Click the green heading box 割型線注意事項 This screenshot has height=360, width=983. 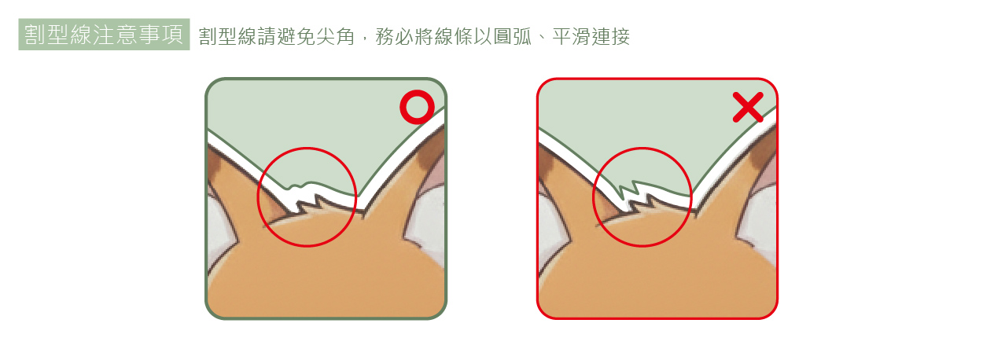tap(104, 35)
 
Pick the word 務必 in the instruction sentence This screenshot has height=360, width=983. tap(391, 36)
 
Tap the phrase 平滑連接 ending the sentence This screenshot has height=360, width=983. tap(591, 36)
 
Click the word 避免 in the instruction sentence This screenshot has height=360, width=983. tap(296, 36)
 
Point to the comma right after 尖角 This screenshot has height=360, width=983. tap(363, 39)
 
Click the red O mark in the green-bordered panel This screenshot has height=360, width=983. tap(416, 108)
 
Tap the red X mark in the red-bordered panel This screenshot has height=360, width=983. tap(747, 108)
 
